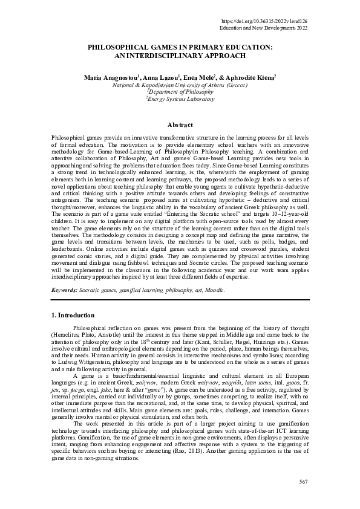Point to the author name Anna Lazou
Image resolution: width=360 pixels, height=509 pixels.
coord(143,78)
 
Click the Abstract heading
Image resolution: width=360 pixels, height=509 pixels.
coord(180,125)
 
